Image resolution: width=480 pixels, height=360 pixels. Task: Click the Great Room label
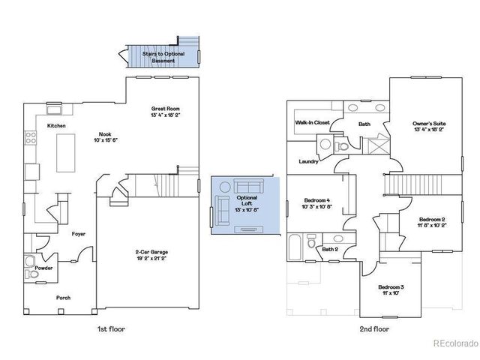coord(166,109)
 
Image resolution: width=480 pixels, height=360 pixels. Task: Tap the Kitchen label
coord(57,126)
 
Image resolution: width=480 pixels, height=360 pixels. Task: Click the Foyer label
coord(79,234)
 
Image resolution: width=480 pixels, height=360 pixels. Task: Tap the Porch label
coord(64,298)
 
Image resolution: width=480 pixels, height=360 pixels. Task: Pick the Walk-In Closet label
coord(312,121)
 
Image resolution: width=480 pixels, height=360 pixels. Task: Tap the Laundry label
coord(308,161)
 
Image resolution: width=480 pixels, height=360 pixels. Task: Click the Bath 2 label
coord(331,249)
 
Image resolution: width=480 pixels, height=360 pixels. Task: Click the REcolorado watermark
coord(455,344)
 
